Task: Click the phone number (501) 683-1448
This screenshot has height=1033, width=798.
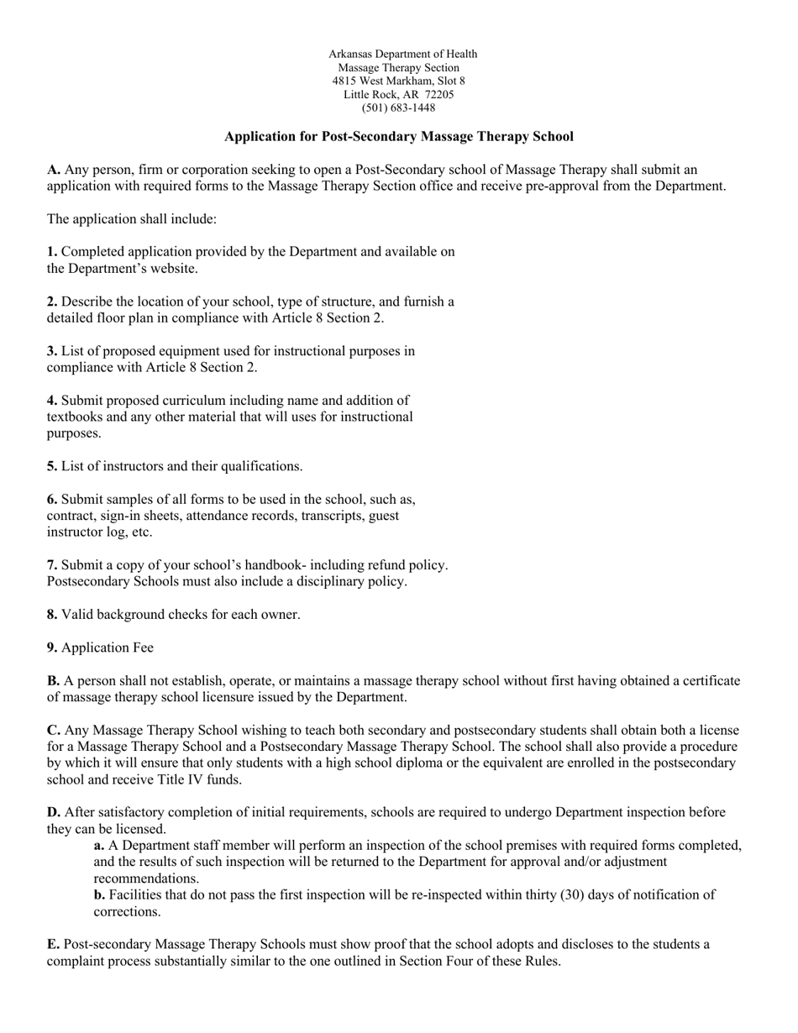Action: point(398,108)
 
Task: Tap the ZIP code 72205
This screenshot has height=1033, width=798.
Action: point(438,95)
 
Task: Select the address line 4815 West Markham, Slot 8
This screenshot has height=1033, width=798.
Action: point(398,81)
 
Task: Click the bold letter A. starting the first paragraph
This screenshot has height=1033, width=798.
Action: point(54,170)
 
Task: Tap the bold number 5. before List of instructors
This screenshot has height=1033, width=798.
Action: point(52,466)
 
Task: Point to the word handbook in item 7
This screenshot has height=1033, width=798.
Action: point(257,565)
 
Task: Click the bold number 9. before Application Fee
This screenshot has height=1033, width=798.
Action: point(52,648)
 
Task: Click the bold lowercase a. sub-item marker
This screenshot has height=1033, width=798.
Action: point(99,846)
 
